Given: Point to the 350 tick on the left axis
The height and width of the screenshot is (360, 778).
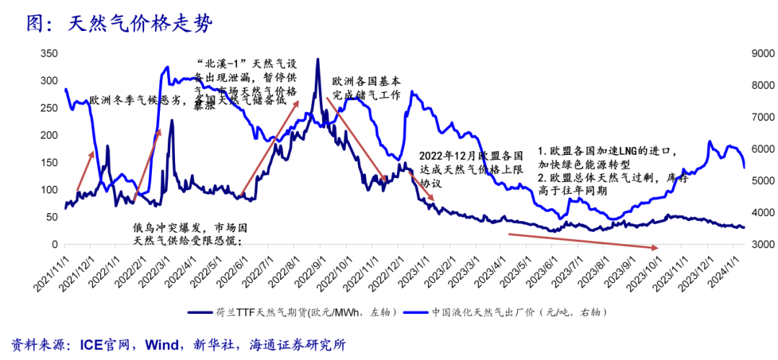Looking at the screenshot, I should click(x=49, y=54).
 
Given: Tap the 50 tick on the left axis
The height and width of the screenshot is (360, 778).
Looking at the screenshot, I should click(x=52, y=217).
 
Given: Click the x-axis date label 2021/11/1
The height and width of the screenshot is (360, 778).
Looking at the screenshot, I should click(x=55, y=270).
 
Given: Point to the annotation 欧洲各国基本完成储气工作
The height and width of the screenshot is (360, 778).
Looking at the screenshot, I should click(x=365, y=89).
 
